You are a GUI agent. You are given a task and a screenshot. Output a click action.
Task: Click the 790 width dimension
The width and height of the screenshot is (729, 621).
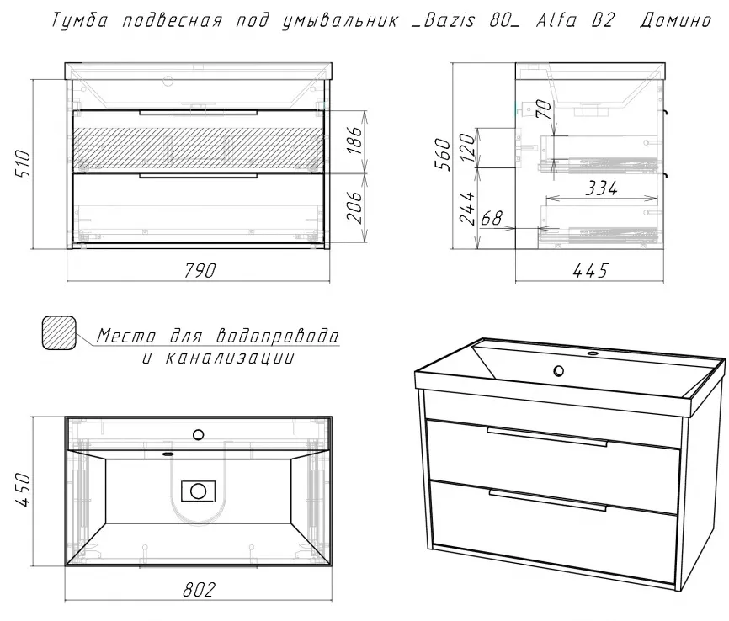click(x=200, y=270)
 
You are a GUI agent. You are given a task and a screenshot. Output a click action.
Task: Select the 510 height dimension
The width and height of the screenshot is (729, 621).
click(x=23, y=163)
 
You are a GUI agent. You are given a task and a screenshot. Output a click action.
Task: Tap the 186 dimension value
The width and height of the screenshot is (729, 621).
click(x=354, y=141)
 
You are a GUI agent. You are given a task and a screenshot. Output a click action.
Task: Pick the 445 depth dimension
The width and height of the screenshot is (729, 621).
click(x=588, y=270)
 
